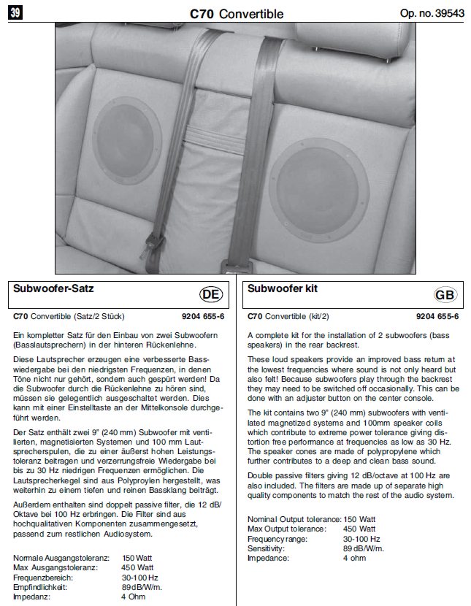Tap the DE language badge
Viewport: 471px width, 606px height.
211,294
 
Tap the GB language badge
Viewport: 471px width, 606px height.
444,294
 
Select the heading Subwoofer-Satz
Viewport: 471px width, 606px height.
54,288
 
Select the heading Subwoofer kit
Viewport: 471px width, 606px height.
283,288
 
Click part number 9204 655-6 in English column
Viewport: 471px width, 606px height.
437,317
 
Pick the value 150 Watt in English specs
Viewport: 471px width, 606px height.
359,519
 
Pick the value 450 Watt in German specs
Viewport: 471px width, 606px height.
137,567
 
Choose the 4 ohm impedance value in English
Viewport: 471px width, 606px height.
355,558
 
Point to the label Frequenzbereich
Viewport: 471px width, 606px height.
42,576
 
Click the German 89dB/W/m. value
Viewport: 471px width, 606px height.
142,586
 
